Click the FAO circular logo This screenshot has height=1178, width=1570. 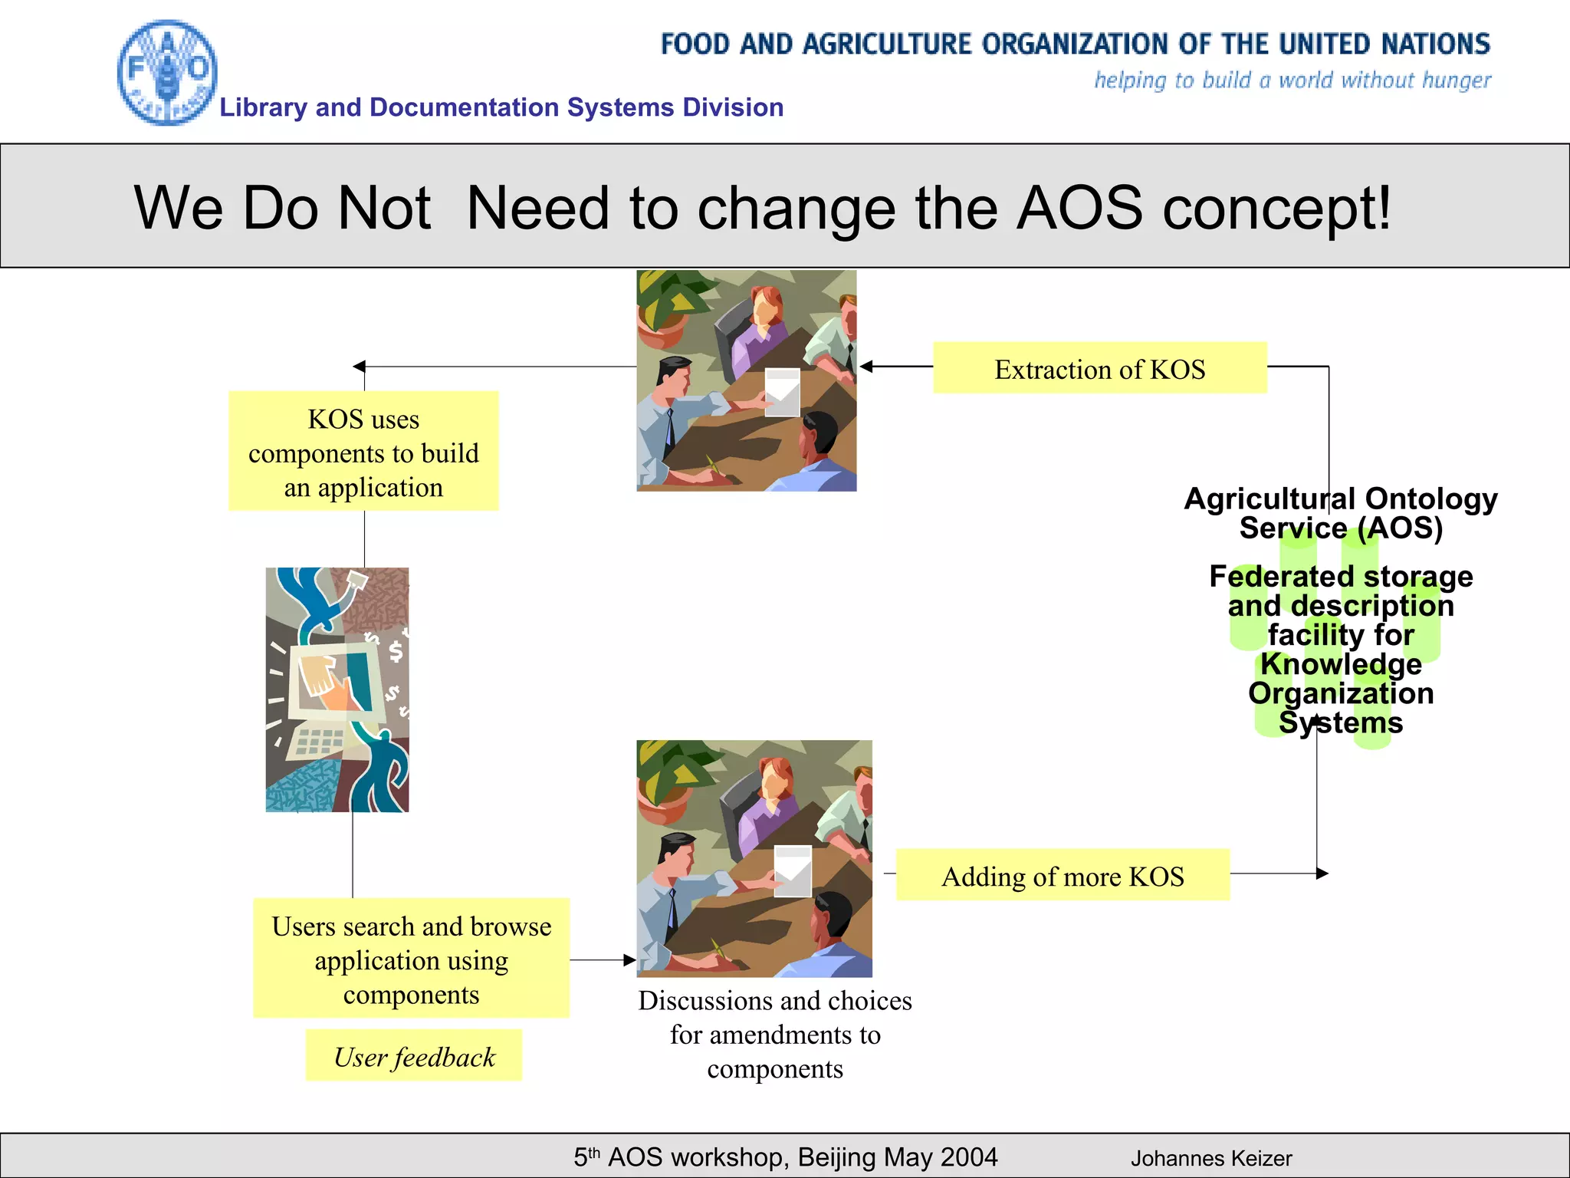pos(167,73)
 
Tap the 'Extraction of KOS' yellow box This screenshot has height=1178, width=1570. pos(1099,369)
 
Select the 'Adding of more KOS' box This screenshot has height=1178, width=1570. pos(1063,876)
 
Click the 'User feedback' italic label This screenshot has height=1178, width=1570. pos(414,1057)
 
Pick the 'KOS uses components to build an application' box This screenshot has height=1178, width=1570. pos(363,452)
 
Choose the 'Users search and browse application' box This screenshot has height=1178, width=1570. pos(411,959)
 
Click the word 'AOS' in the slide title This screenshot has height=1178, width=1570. pos(1079,209)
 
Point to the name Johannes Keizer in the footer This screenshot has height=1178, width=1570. pos(1211,1158)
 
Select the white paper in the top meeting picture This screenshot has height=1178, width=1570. pos(783,392)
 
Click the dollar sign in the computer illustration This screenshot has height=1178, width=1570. pos(396,651)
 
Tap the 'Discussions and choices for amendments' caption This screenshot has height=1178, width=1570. pos(775,1034)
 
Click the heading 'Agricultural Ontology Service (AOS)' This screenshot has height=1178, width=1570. pos(1341,512)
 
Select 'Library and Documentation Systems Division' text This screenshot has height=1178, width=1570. pos(501,107)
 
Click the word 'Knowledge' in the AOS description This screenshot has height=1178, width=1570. pos(1341,664)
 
